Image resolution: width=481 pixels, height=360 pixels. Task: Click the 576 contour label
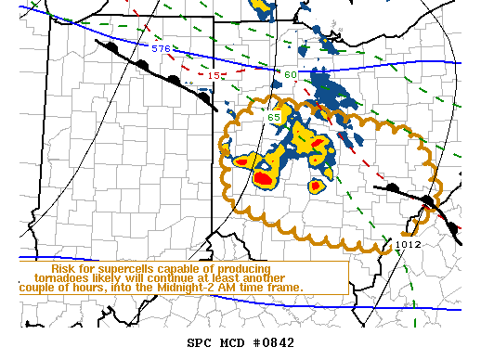161,48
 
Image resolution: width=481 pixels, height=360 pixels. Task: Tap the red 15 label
213,74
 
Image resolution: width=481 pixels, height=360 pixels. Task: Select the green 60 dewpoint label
291,74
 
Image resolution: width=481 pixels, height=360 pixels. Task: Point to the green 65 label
274,117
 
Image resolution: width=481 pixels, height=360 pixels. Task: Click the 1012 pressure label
408,244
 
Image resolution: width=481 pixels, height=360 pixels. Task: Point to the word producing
240,267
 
